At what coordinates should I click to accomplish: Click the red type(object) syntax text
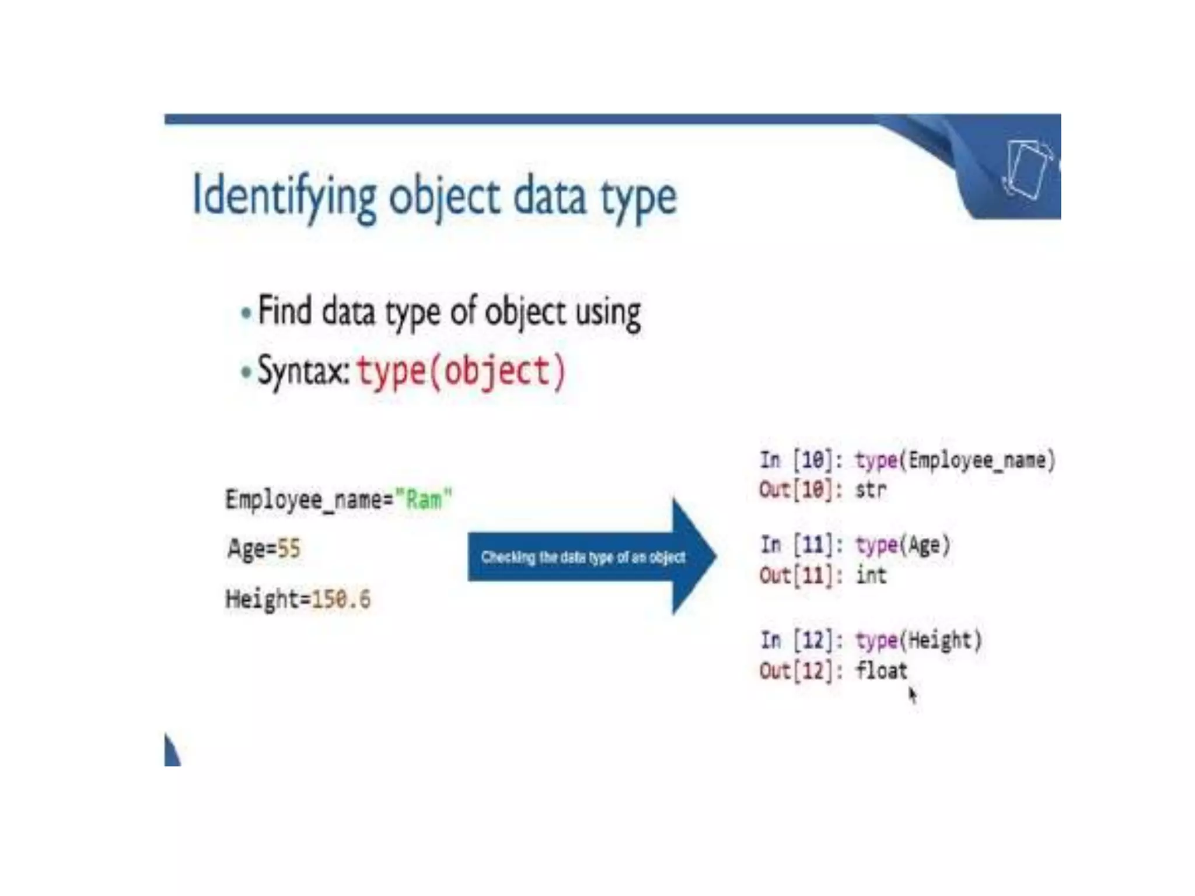tap(461, 372)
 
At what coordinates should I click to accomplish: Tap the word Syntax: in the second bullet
tap(303, 372)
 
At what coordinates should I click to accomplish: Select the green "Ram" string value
tap(423, 500)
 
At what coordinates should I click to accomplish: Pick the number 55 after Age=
tap(288, 549)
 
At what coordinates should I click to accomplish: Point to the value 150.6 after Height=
tap(341, 599)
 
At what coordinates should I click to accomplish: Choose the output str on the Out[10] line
tap(871, 490)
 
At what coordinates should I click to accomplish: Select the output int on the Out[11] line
tap(871, 576)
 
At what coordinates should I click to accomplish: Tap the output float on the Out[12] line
tap(882, 671)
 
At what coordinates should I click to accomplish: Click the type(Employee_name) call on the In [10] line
tap(955, 461)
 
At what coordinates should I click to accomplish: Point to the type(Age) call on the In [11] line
tap(903, 545)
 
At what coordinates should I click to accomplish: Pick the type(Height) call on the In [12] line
tap(918, 641)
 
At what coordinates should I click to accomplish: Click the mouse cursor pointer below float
tap(913, 695)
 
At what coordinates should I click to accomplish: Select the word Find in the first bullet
tap(285, 310)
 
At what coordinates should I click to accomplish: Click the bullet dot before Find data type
tap(246, 313)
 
